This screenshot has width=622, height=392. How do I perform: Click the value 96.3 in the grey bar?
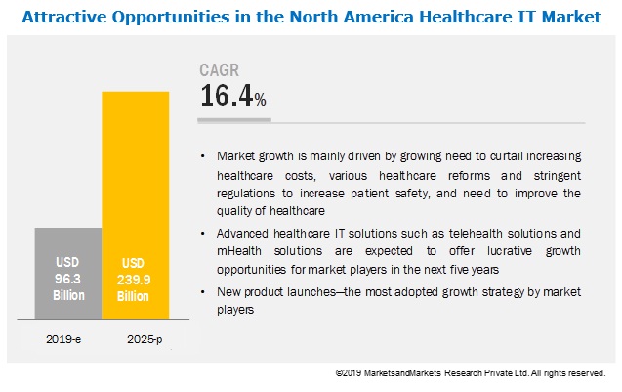click(67, 278)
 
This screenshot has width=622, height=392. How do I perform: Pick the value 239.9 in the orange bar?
click(136, 278)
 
